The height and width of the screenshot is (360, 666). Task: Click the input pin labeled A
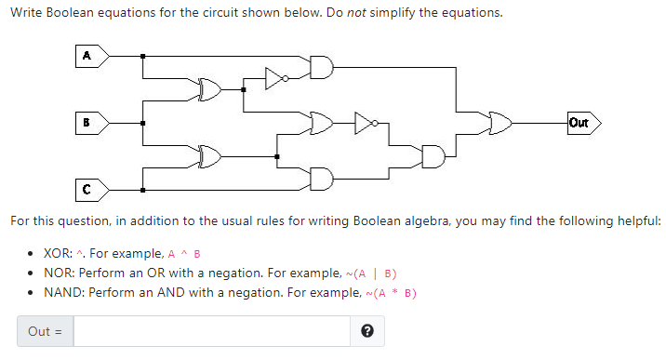point(90,55)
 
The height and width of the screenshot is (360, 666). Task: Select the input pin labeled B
point(90,122)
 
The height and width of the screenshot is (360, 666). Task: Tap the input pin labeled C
point(90,189)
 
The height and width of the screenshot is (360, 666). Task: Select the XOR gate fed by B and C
point(210,155)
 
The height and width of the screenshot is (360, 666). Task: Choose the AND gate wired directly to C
point(321,178)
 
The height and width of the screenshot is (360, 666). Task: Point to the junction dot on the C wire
point(142,189)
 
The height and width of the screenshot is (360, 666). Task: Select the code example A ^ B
point(185,254)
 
